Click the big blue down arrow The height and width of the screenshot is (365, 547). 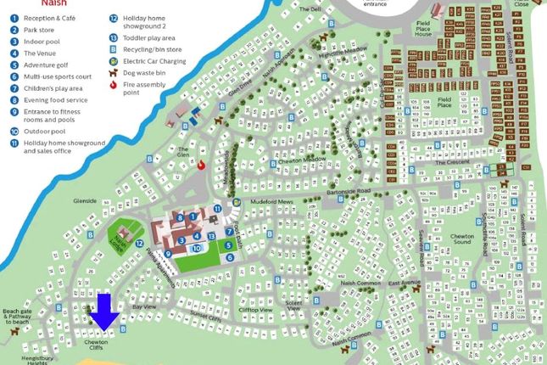[x=105, y=312]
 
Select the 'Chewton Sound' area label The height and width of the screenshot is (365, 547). [x=484, y=239]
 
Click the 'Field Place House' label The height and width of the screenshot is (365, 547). [x=424, y=31]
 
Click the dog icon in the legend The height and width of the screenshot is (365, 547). [x=114, y=74]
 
